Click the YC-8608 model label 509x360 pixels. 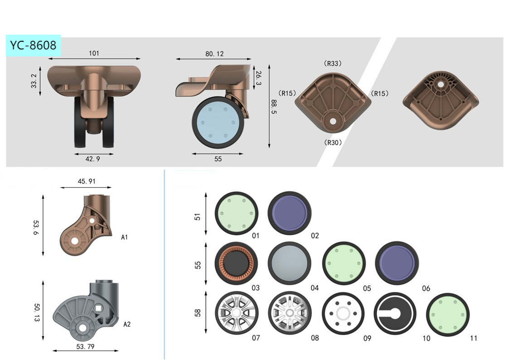pos(33,45)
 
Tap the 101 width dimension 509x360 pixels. pos(94,53)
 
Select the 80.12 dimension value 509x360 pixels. pos(214,54)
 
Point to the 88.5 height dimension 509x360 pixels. pos(273,107)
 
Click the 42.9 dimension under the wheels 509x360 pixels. pos(92,159)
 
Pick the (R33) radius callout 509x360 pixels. pos(333,63)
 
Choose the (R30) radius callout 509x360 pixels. pos(333,142)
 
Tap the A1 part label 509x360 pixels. pos(124,237)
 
